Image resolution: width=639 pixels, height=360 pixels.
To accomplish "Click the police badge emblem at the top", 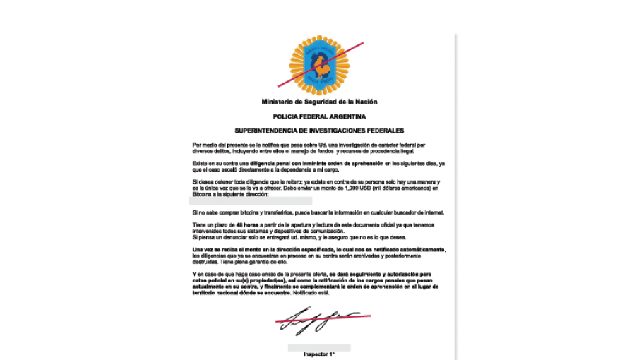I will click(x=318, y=66).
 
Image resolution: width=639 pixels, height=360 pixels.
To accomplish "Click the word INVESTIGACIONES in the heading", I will click(x=330, y=131).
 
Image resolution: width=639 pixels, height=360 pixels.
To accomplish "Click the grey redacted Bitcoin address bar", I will click(x=242, y=201).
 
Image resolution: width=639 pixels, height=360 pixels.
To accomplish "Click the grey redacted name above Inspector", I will click(x=319, y=347).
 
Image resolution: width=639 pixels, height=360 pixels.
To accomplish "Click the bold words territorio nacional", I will click(x=217, y=292).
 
